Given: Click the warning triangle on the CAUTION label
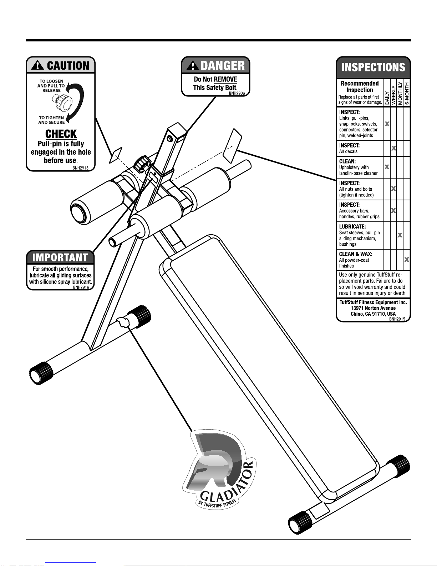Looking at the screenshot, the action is pyautogui.click(x=37, y=65).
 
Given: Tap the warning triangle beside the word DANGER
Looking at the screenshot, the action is pyautogui.click(x=193, y=65).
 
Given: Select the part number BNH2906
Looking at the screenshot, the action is pyautogui.click(x=237, y=93).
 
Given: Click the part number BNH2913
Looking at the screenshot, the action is pyautogui.click(x=80, y=168).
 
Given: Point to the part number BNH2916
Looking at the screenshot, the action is pyautogui.click(x=81, y=287).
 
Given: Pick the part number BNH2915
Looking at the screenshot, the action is pyautogui.click(x=397, y=319).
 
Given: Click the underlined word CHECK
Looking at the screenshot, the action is pyautogui.click(x=61, y=134).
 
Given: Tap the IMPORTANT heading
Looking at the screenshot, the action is pyautogui.click(x=60, y=257).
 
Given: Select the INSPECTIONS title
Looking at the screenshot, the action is pyautogui.click(x=373, y=67).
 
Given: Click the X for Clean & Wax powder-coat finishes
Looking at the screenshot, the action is pyautogui.click(x=407, y=259).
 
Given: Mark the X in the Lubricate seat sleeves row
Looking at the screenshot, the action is pyautogui.click(x=400, y=235).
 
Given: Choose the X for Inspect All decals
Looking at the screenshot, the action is pyautogui.click(x=393, y=148).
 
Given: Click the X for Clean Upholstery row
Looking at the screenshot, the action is pyautogui.click(x=387, y=167).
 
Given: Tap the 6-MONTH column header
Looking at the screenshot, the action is pyautogui.click(x=407, y=93).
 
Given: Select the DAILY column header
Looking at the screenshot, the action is pyautogui.click(x=387, y=98).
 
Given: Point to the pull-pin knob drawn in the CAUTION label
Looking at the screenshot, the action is pyautogui.click(x=62, y=102).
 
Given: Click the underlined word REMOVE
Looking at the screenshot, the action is pyautogui.click(x=225, y=79).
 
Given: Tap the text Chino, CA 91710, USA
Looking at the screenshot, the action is pyautogui.click(x=373, y=314).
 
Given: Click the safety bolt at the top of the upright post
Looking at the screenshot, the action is pyautogui.click(x=170, y=138).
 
